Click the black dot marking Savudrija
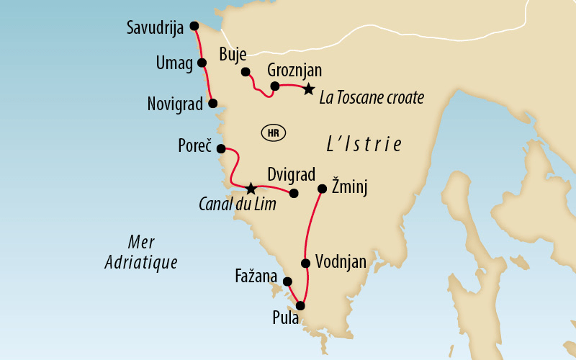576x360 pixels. pyautogui.click(x=194, y=26)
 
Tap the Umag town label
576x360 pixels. pyautogui.click(x=174, y=63)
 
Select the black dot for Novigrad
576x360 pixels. pyautogui.click(x=212, y=103)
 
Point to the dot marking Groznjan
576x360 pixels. pyautogui.click(x=274, y=86)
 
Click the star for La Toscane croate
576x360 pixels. pyautogui.click(x=308, y=89)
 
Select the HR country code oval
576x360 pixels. pyautogui.click(x=272, y=132)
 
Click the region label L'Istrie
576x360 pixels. pyautogui.click(x=363, y=143)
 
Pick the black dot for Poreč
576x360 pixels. pyautogui.click(x=221, y=149)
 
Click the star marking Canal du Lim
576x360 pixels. pyautogui.click(x=250, y=189)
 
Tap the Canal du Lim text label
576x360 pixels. pyautogui.click(x=237, y=205)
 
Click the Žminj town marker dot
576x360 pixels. pyautogui.click(x=322, y=189)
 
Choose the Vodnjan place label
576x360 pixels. pyautogui.click(x=341, y=263)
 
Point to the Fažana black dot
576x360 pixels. pyautogui.click(x=287, y=282)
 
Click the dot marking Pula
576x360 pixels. pyautogui.click(x=300, y=306)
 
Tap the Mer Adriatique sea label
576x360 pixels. pyautogui.click(x=140, y=252)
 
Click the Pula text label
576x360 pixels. pyautogui.click(x=286, y=318)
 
